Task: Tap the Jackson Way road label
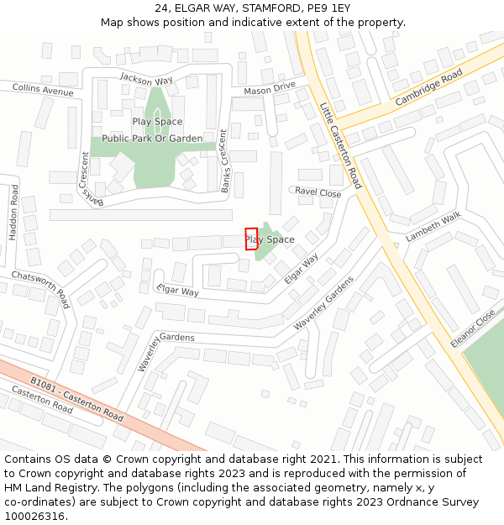[146, 80]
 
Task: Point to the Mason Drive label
[270, 88]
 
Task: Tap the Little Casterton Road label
[340, 144]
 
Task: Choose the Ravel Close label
[318, 192]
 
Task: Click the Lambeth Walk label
[433, 227]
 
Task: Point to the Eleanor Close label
[474, 328]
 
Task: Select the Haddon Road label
[13, 213]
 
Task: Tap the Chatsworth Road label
[40, 288]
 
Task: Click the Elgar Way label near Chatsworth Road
[177, 291]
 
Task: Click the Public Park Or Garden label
[152, 139]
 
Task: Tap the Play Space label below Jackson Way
[157, 122]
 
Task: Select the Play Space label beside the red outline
[270, 239]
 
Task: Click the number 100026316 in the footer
[34, 516]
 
